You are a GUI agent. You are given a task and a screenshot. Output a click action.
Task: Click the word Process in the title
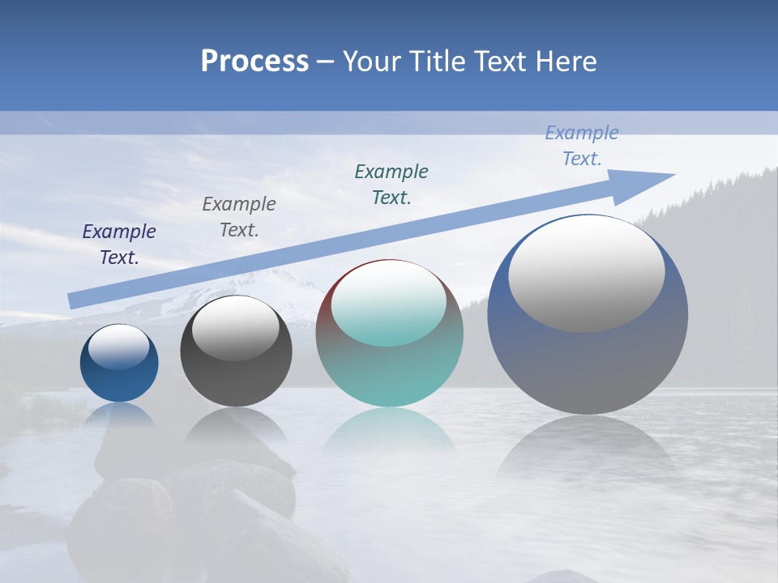point(254,62)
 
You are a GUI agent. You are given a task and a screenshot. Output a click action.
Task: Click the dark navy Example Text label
point(119,245)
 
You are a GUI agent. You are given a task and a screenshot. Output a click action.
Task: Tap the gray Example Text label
point(239,217)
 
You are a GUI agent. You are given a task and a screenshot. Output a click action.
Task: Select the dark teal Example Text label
point(391,185)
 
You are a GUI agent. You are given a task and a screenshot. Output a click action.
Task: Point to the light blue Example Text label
point(582,146)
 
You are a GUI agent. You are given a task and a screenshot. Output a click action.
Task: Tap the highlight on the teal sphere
point(389,304)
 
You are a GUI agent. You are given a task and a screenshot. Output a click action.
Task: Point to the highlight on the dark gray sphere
point(236,329)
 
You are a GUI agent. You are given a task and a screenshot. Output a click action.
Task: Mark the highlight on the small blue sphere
point(119,347)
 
